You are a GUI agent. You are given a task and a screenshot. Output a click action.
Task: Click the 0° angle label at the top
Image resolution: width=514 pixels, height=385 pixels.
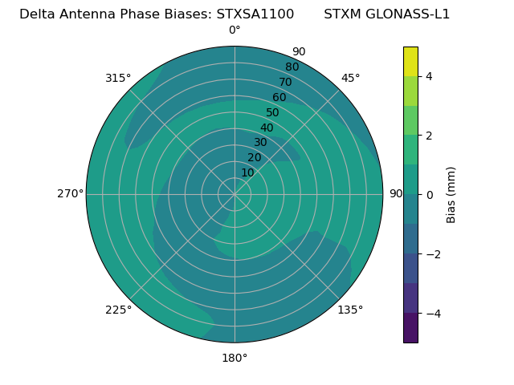[235, 30]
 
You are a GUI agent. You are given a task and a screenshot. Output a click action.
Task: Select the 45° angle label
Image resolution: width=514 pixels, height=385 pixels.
[350, 78]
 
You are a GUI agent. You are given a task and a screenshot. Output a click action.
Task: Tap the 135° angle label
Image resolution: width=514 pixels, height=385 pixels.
[350, 310]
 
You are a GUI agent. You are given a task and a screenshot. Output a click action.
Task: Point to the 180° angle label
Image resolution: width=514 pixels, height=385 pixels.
[235, 358]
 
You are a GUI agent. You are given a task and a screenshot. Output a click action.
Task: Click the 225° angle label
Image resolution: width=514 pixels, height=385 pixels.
[118, 310]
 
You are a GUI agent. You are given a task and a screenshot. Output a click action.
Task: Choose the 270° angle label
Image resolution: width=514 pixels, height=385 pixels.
[70, 194]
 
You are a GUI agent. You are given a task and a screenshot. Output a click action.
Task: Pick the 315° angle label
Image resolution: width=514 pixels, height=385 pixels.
[118, 78]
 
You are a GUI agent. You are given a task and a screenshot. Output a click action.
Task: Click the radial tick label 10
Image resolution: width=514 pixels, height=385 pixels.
[247, 172]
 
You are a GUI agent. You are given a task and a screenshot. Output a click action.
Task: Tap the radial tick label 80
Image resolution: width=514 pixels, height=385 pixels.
[292, 67]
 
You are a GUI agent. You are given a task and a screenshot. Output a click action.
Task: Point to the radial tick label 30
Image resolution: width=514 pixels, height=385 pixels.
[260, 143]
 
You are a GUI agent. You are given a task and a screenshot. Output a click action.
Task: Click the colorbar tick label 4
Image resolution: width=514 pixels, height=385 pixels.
[429, 76]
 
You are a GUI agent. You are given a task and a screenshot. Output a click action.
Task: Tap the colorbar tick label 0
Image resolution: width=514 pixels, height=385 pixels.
[429, 195]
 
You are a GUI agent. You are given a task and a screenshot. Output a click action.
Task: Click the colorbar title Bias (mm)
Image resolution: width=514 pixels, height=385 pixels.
[451, 194]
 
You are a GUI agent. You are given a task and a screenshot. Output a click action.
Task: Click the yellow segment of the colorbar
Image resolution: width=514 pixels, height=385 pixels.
[410, 61]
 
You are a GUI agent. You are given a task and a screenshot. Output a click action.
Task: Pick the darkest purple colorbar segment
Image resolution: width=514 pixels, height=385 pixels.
[410, 328]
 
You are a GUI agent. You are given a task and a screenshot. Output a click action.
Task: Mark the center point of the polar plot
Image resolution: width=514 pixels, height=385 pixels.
[235, 194]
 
